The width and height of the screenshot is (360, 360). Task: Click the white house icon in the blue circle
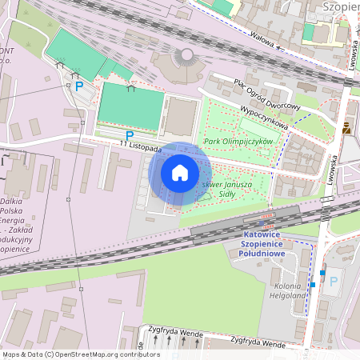[x=180, y=172]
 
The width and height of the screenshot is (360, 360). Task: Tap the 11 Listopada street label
[x=140, y=146]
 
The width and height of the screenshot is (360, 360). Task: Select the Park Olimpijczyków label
[x=238, y=142]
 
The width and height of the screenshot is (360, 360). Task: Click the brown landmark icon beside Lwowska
[x=346, y=129]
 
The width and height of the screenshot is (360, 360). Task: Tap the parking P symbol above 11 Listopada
[x=129, y=136]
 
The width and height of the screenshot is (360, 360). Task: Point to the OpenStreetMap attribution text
[x=81, y=354]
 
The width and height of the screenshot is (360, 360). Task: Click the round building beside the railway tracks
[x=186, y=57]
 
